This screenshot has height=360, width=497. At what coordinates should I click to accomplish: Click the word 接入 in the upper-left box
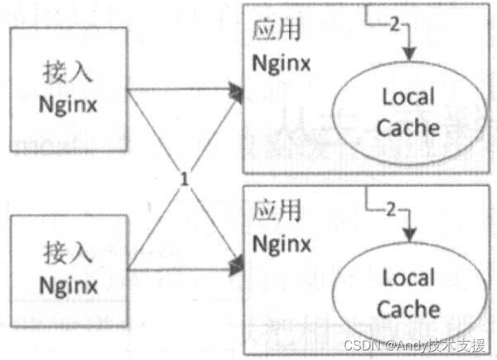[x=69, y=73]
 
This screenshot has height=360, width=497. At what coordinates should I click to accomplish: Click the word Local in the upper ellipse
[x=408, y=96]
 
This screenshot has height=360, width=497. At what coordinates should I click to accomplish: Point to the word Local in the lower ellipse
[x=408, y=278]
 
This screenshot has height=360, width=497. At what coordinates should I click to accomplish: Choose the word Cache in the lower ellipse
[x=408, y=308]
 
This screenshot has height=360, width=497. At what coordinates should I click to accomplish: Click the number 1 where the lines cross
[x=185, y=179]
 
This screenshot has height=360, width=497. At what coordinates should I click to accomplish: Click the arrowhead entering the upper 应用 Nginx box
[x=236, y=91]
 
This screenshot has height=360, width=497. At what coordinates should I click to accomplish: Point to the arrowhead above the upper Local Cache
[x=410, y=55]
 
